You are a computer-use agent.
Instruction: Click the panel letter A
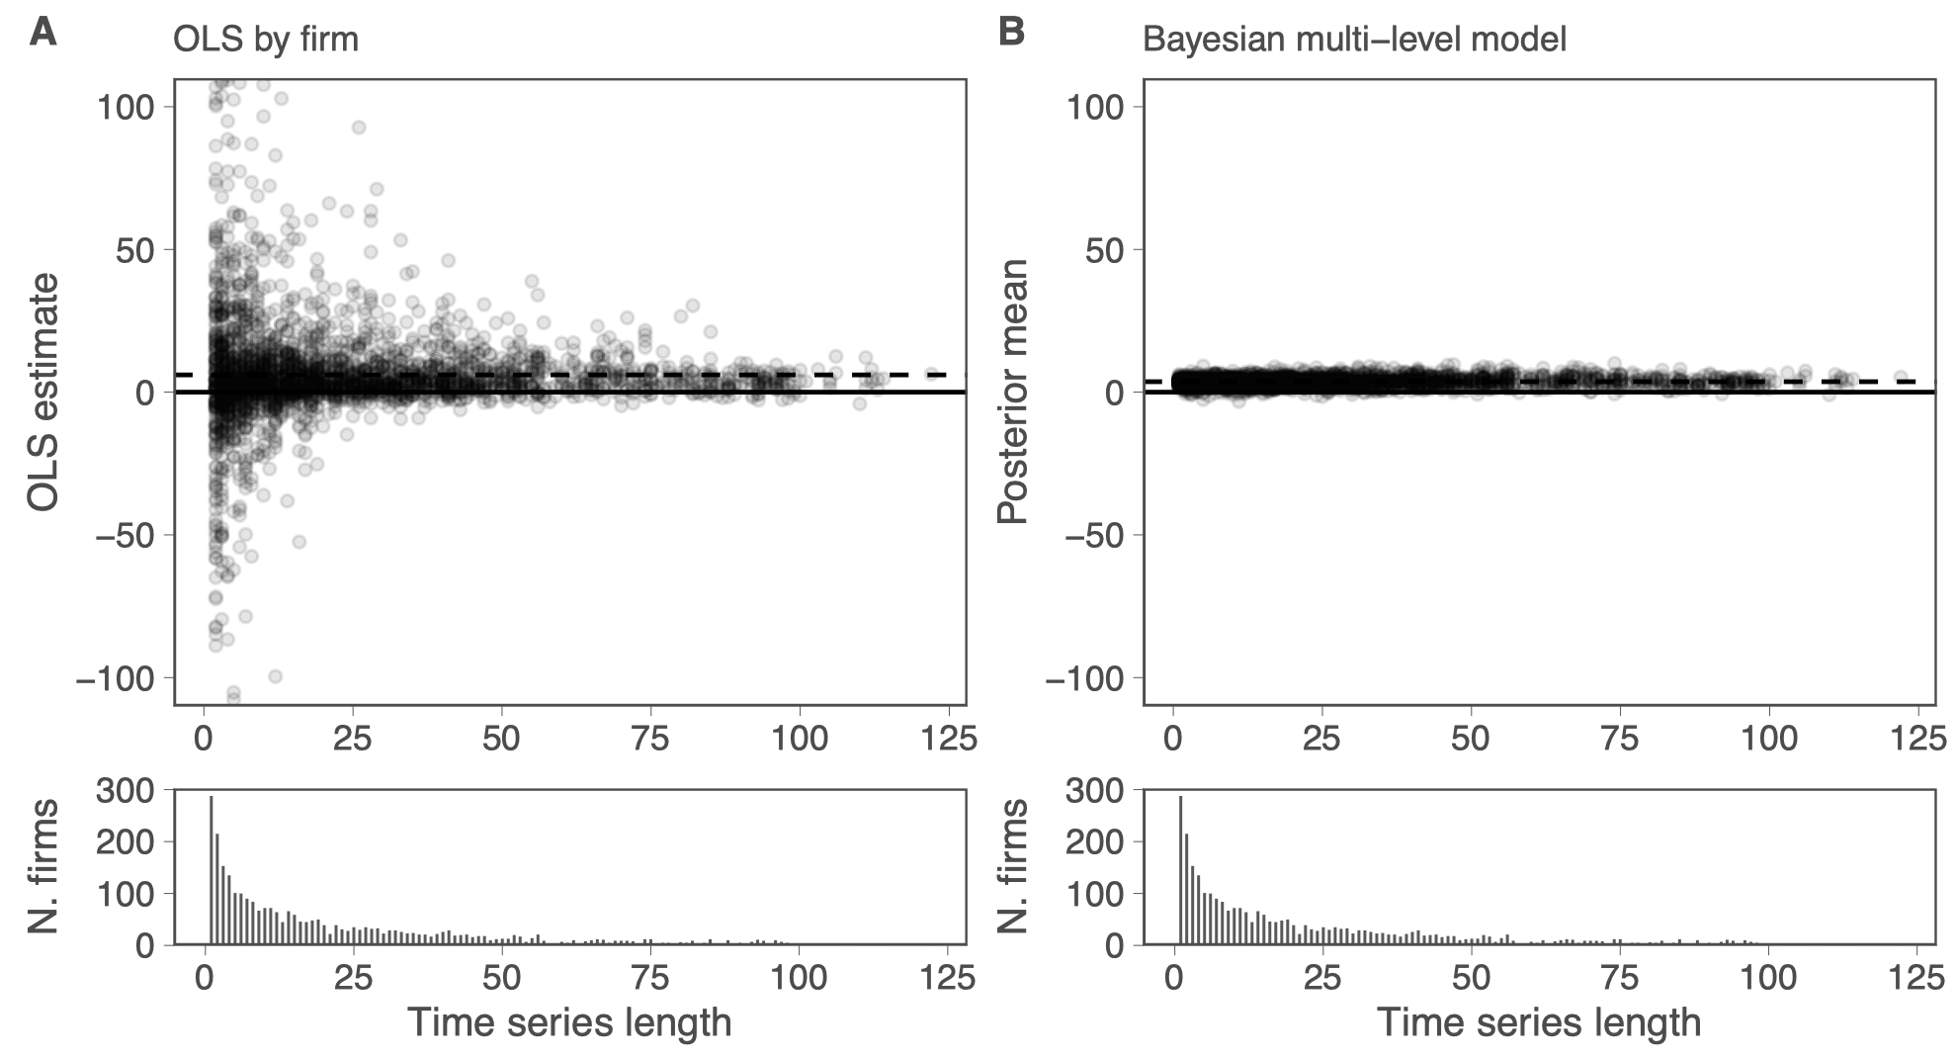(43, 33)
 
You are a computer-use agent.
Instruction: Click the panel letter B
(1011, 33)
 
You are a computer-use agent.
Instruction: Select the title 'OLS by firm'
(265, 40)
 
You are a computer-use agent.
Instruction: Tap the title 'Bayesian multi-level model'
(1354, 40)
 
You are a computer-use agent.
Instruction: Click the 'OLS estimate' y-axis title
(43, 393)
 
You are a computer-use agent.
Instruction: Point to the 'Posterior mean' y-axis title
(1013, 393)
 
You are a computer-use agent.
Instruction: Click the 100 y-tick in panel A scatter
(125, 106)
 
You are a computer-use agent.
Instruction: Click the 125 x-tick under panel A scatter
(950, 739)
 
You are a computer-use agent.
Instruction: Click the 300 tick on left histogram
(125, 790)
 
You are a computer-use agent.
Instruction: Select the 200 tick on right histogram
(1094, 841)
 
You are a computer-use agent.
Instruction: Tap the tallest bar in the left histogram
(212, 870)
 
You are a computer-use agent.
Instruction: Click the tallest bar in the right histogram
(1181, 870)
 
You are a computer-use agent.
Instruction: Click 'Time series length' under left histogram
(569, 1022)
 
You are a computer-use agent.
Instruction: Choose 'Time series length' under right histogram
(1539, 1022)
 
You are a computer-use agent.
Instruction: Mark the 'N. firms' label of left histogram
(43, 867)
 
